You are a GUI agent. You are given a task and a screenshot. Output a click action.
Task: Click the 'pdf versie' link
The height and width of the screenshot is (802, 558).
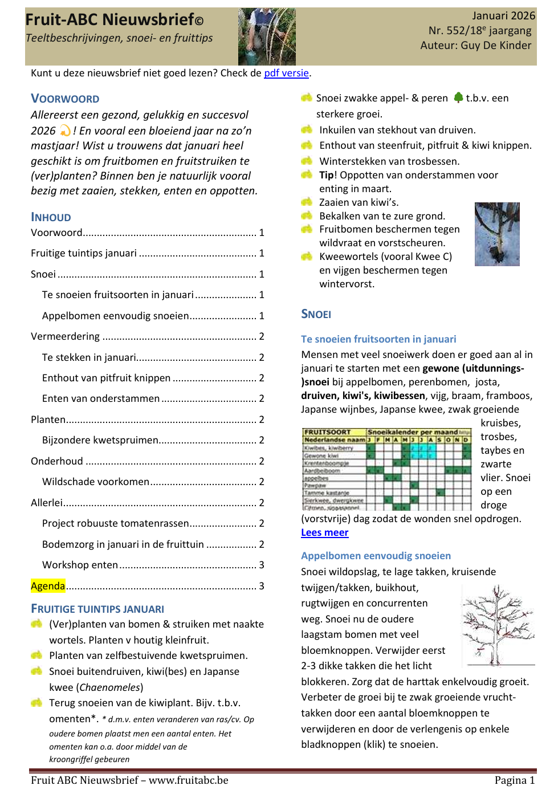[286, 73]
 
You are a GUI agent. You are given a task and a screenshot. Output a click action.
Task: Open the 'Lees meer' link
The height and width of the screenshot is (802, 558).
[324, 532]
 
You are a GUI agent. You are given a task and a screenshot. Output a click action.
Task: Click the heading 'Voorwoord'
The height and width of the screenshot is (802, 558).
[65, 99]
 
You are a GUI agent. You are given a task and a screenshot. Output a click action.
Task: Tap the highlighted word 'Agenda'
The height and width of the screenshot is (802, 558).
[48, 586]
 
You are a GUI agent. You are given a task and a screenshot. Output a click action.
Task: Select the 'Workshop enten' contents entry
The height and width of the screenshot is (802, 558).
[80, 565]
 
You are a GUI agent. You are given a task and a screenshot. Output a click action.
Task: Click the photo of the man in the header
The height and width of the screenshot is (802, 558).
[266, 36]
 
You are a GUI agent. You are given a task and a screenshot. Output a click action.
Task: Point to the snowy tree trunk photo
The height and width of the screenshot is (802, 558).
[496, 234]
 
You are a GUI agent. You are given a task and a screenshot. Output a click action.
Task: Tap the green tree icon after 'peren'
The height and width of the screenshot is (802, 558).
[458, 97]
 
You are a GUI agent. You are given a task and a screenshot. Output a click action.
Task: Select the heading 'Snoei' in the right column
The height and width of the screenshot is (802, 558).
[316, 314]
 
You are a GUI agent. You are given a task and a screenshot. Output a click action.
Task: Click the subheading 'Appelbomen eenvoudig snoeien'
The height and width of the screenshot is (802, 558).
[376, 556]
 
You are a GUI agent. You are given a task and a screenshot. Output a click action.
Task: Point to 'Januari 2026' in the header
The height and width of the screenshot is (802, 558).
[503, 15]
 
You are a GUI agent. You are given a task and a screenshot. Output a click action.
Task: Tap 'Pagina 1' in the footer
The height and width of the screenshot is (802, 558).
[514, 780]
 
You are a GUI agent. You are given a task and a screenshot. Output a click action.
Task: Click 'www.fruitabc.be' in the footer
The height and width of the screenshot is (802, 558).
[188, 780]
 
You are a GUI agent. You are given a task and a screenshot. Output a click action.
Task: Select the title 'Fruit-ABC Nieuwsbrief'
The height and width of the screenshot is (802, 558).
[110, 20]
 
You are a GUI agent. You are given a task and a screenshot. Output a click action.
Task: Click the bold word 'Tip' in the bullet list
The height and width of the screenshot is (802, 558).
[327, 175]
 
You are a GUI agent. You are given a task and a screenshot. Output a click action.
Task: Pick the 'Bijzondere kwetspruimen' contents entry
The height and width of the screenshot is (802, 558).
[100, 440]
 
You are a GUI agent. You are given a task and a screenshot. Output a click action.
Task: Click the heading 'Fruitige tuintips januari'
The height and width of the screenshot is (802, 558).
[97, 609]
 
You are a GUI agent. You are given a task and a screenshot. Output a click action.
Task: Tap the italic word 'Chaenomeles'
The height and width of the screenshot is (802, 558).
[109, 687]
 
